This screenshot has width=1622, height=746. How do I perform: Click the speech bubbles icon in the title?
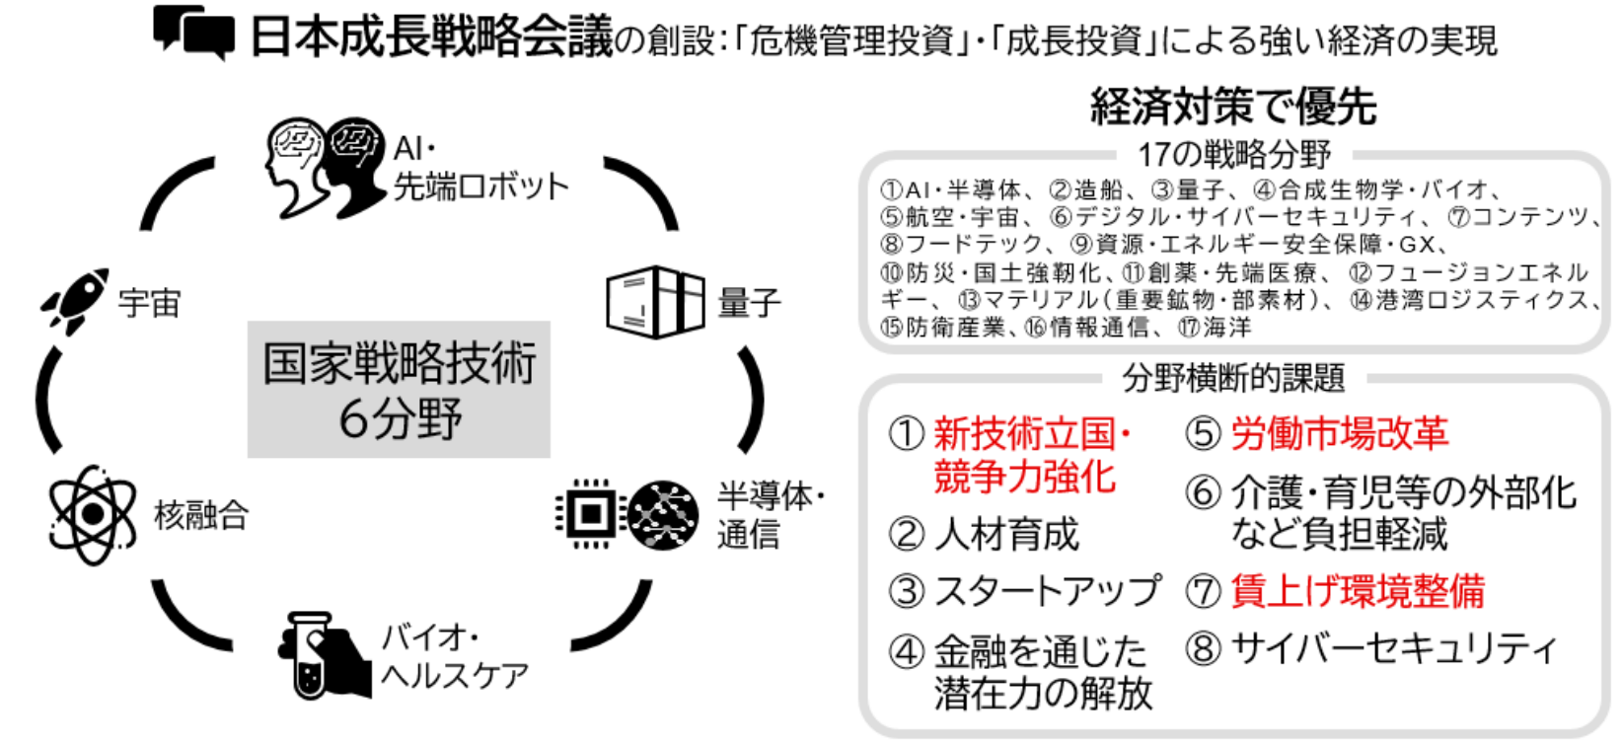coord(194,32)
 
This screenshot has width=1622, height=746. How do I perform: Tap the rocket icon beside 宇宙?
coord(75,301)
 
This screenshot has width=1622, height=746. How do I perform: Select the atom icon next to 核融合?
coord(92,515)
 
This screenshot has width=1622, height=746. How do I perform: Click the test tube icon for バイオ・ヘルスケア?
coord(324,655)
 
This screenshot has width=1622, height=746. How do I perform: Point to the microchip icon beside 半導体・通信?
coord(590,514)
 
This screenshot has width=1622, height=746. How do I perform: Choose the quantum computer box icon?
coord(655,302)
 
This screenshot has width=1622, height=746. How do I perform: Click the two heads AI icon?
coord(325,168)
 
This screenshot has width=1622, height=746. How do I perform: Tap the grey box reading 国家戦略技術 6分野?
coord(399,390)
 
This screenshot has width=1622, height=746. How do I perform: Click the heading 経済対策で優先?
coord(1233,107)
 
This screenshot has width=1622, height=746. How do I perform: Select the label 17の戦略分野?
coord(1234,154)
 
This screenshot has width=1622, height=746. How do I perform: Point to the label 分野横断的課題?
coord(1234,377)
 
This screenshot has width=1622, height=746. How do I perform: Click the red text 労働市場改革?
coord(1340,434)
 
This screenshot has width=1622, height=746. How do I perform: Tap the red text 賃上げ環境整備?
coord(1358,590)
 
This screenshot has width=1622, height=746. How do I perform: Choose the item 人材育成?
coord(1006,535)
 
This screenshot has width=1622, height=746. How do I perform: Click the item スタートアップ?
coord(1048,590)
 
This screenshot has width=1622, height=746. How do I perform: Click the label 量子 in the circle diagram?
coord(750,303)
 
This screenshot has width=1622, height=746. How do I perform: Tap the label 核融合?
coord(201,516)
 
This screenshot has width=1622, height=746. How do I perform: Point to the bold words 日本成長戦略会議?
coord(431,37)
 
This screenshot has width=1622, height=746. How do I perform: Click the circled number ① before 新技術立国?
coord(907,434)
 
